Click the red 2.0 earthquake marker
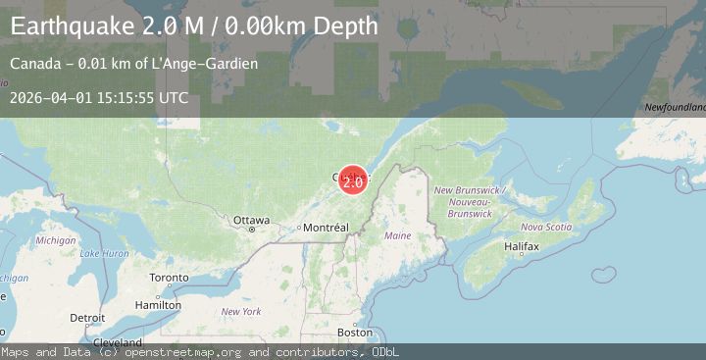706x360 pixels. (x=353, y=180)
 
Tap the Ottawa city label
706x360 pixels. (x=251, y=221)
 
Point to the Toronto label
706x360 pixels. (x=169, y=278)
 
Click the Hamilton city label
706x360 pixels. (x=158, y=305)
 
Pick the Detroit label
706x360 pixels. (x=86, y=318)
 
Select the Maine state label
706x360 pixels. (x=398, y=236)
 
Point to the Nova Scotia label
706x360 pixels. (x=545, y=227)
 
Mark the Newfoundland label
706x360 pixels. (x=676, y=106)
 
